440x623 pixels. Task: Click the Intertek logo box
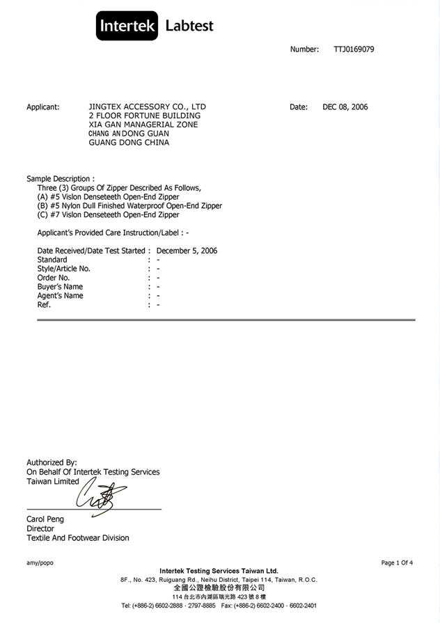127,26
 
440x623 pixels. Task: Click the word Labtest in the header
189,26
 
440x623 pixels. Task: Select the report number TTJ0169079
354,49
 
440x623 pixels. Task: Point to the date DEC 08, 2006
345,107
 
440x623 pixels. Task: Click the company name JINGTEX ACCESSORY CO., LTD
148,107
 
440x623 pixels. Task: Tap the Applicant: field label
43,107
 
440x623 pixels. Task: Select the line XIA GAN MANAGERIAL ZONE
143,125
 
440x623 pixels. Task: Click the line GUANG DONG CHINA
129,143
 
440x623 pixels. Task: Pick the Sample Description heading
61,179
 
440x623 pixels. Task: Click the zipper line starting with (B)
129,206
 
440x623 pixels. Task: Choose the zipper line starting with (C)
108,215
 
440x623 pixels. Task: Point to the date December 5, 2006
187,251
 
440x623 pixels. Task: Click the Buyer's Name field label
60,287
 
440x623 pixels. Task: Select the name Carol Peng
45,519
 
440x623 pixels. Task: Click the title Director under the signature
40,528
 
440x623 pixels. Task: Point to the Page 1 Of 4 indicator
397,562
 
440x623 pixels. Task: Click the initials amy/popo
40,562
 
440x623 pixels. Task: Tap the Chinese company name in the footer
219,588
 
